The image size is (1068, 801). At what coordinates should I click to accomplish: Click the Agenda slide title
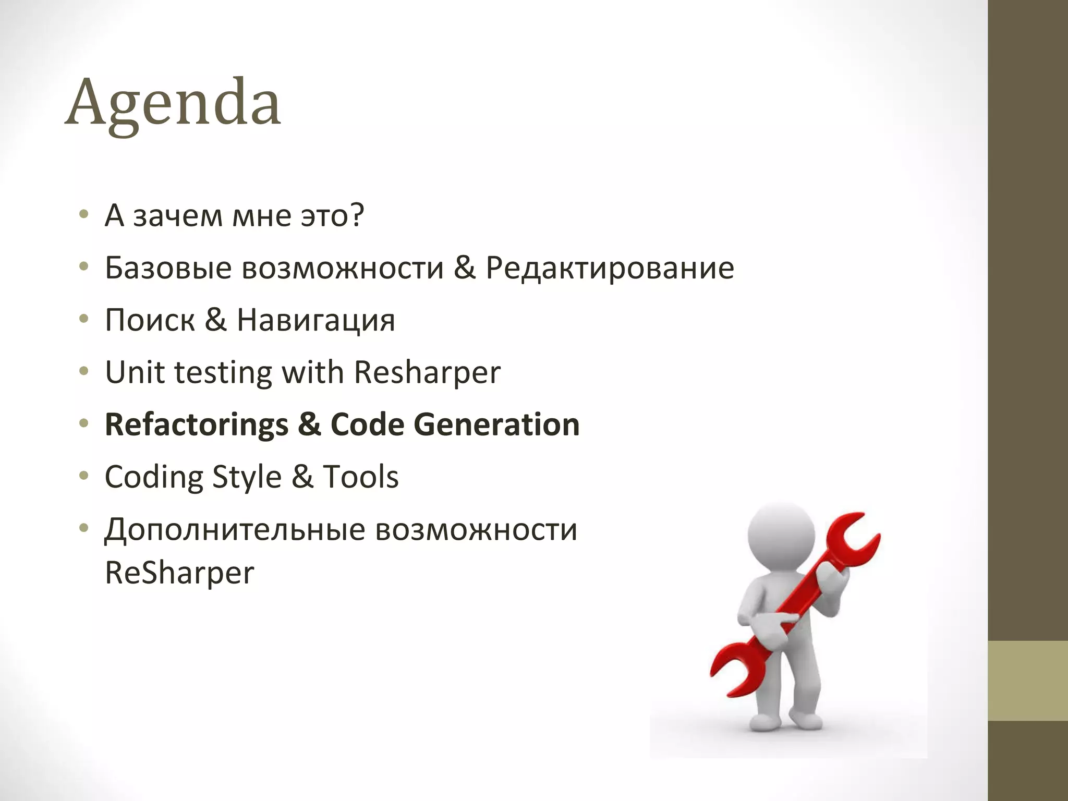(x=173, y=102)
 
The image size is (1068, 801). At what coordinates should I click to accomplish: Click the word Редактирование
(x=610, y=268)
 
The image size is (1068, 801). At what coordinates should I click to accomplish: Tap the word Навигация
(x=316, y=320)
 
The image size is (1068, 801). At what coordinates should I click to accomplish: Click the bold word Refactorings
(x=196, y=424)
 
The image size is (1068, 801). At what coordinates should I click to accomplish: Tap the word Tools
(x=361, y=477)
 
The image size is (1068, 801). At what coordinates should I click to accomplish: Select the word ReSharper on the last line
(x=179, y=573)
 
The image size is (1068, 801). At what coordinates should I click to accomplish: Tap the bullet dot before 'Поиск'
(x=84, y=319)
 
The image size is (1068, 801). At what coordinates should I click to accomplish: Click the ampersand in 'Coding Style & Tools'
(x=302, y=477)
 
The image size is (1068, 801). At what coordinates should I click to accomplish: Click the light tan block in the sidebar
(x=1028, y=680)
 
